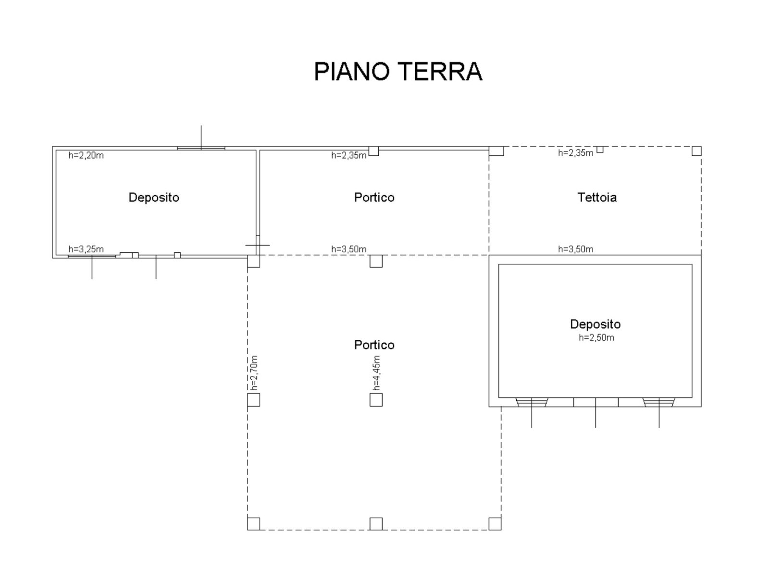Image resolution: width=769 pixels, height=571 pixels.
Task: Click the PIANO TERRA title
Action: coord(397,72)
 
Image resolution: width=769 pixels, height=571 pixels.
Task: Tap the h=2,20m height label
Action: coord(86,155)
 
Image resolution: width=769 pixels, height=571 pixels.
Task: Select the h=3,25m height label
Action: coord(86,249)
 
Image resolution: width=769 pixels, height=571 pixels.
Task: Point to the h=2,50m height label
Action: coord(596,337)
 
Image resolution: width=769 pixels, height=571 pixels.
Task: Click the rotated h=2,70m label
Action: coord(254,372)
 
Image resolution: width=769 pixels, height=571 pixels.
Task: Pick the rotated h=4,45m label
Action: coord(376,372)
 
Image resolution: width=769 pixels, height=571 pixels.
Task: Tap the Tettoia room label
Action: coord(597,197)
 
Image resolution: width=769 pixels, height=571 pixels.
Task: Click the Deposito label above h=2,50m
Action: coord(595,324)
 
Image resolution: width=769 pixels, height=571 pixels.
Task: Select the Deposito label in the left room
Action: coord(154,197)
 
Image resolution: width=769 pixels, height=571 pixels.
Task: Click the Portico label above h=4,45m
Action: coord(374,345)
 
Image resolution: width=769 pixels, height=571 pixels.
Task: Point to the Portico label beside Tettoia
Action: coord(374,197)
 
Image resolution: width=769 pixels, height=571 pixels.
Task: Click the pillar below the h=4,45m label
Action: coord(376,400)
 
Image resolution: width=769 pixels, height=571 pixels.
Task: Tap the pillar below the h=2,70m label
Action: coord(253,400)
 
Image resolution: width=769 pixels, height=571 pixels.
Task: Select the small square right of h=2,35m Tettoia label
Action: coord(600,149)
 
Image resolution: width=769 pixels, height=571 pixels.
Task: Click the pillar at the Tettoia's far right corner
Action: coord(696,151)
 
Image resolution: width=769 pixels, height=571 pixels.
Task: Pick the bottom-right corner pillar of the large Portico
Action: coord(495,524)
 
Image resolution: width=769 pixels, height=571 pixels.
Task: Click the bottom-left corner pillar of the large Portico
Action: coord(253,524)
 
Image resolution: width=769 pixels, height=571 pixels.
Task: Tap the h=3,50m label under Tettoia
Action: coord(575,249)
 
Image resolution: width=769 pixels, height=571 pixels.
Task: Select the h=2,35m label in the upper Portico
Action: coord(349,155)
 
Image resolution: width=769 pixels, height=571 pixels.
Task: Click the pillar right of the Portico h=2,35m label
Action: coord(373,151)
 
